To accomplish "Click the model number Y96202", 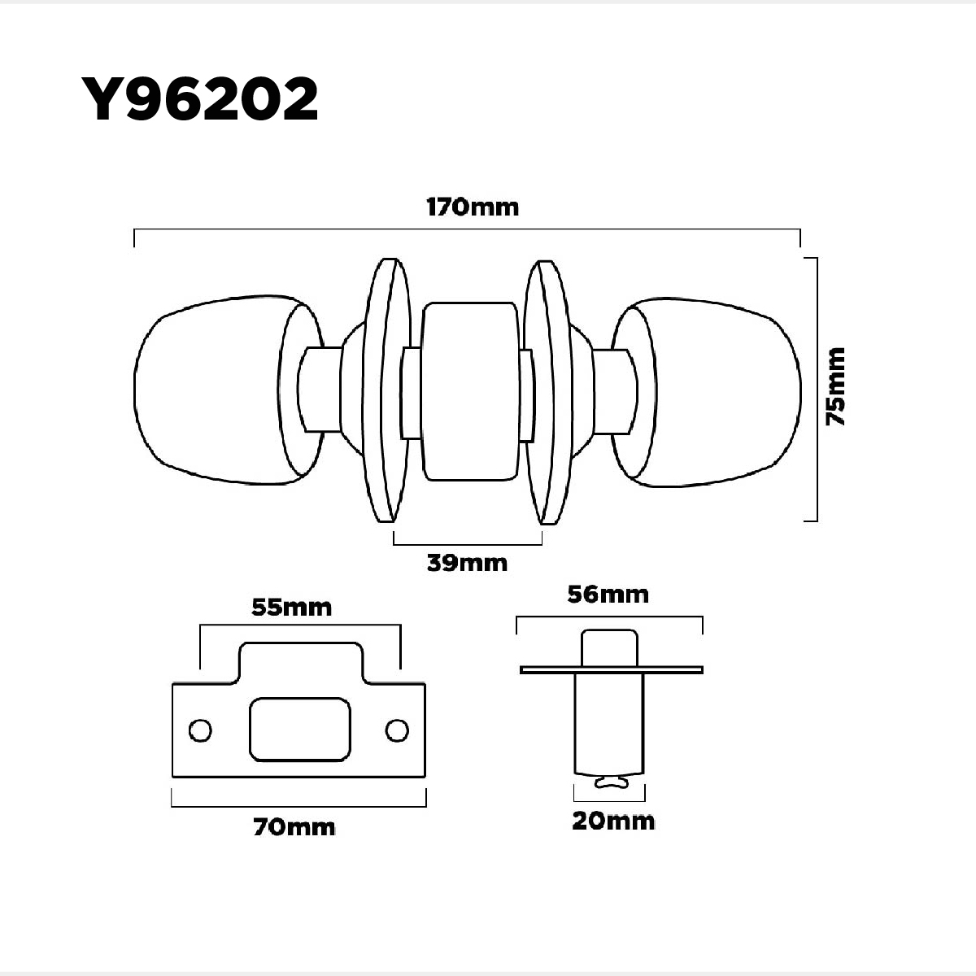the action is [x=199, y=98].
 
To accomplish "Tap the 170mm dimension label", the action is [x=473, y=207].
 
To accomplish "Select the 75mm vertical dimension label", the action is [x=835, y=386].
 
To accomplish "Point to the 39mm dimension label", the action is [x=467, y=563].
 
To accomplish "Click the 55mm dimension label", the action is [x=292, y=608].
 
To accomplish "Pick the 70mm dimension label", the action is [x=294, y=828].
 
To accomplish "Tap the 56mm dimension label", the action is [x=608, y=595].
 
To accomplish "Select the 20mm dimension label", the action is [x=613, y=821].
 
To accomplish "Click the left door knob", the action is [x=229, y=390].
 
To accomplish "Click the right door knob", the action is [x=706, y=392].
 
